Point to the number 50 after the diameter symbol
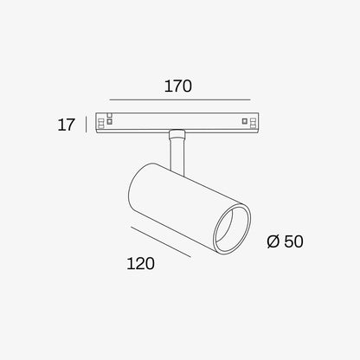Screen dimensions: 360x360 [x=293, y=241]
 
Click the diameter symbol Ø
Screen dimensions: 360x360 [x=273, y=241]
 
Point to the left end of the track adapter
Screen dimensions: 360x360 [x=105, y=123]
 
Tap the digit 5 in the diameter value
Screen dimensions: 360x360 [x=288, y=241]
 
